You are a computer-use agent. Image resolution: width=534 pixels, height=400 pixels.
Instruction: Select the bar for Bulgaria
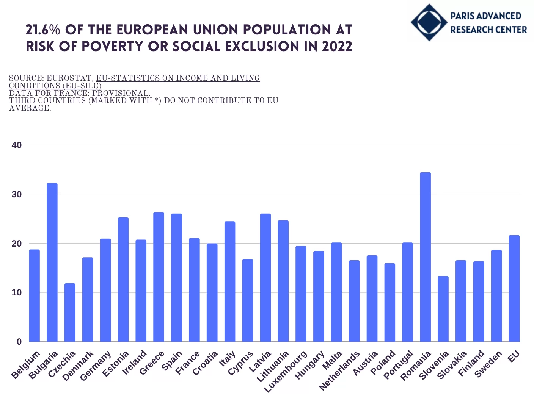click(52, 262)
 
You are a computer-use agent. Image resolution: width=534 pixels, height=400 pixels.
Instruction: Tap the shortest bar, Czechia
click(70, 312)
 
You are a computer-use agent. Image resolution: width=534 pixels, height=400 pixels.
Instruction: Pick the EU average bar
click(514, 288)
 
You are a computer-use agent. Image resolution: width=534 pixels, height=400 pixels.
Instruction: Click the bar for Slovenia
click(443, 309)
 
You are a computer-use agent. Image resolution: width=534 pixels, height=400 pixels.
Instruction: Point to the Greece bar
click(159, 277)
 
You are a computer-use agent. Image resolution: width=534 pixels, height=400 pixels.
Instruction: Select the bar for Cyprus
click(248, 300)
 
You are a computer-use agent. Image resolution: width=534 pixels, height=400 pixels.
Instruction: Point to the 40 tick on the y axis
click(17, 145)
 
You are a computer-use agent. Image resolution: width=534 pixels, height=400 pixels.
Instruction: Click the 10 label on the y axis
click(17, 292)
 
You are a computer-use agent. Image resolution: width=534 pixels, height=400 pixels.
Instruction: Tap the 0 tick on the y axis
click(19, 342)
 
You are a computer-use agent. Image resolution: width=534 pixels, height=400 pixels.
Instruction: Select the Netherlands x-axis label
click(340, 370)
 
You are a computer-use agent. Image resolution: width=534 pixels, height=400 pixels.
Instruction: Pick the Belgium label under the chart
click(25, 365)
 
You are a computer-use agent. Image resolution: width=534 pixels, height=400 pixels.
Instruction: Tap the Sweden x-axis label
click(488, 364)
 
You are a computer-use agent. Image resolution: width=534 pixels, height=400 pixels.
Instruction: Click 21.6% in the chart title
click(43, 30)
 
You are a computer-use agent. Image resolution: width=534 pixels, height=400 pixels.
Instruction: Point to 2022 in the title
click(337, 47)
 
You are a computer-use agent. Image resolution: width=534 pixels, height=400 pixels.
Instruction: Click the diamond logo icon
click(429, 22)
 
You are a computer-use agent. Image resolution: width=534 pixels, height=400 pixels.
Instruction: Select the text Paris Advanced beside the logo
click(486, 16)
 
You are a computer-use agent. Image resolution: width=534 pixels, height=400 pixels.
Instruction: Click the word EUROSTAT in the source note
click(69, 78)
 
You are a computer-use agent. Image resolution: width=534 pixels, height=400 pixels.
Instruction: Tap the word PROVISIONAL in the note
click(121, 93)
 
